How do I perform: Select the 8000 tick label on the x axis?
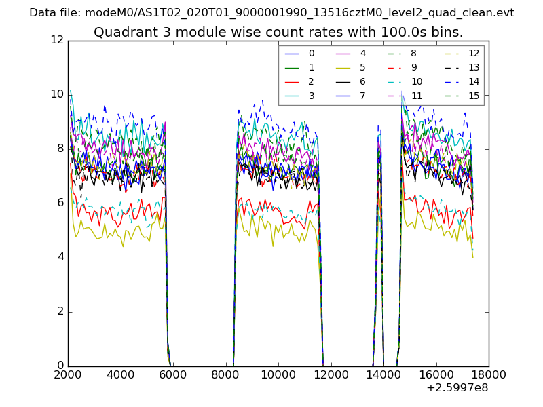(225, 374)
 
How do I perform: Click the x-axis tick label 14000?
(383, 374)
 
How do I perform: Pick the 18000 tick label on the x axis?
(489, 374)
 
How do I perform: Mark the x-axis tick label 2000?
(68, 374)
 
